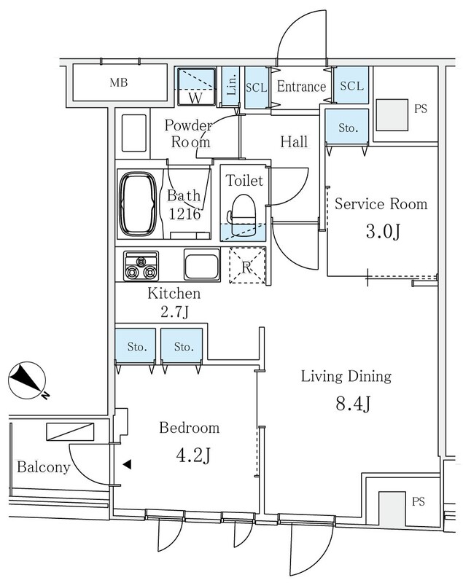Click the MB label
119,82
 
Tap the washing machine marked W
197,86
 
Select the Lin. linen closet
231,86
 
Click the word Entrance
301,87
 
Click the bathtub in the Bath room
138,204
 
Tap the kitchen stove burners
141,266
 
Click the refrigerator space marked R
247,265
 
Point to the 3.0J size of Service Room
383,232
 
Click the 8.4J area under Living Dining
353,404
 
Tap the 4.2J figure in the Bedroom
193,455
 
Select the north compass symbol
28,381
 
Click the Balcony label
44,467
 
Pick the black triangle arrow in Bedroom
127,464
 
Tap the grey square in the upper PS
392,114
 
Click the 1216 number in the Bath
184,214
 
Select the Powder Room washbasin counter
134,133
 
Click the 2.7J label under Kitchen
174,312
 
